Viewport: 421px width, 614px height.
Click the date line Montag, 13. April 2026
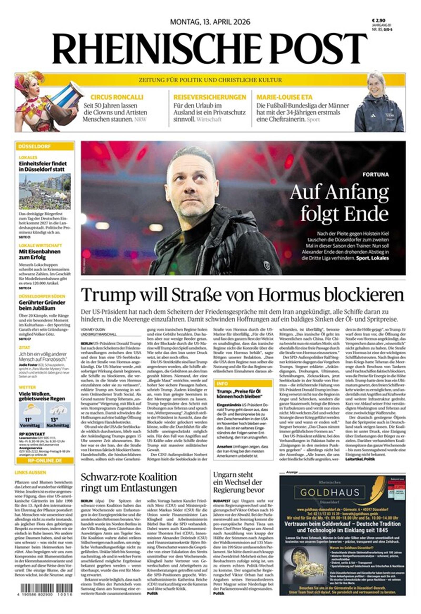pos(210,22)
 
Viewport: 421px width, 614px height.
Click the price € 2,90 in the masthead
pos(378,20)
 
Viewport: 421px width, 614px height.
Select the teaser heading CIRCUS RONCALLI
pos(117,97)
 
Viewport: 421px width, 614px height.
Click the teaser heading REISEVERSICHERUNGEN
pos(210,97)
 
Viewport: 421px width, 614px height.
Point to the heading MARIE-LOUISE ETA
pos(284,97)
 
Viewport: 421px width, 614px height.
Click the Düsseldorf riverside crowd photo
pos(45,191)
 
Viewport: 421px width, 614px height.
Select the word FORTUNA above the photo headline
pos(375,175)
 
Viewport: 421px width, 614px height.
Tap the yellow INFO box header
pos(243,383)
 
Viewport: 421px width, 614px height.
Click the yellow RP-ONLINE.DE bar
pos(45,461)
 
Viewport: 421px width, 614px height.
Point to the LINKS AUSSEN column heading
pos(30,472)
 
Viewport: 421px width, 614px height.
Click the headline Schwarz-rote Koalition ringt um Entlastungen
pos(129,482)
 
